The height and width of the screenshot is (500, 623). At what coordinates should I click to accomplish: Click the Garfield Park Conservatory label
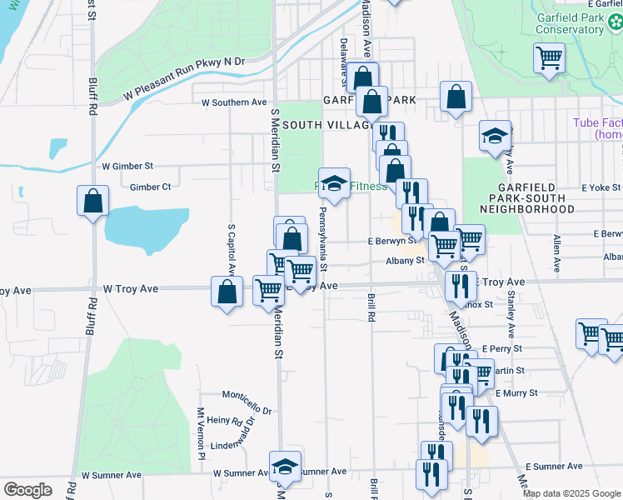569,23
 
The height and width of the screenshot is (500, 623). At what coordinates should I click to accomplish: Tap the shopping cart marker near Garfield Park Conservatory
549,58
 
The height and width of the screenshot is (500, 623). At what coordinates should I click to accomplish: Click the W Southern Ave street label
234,102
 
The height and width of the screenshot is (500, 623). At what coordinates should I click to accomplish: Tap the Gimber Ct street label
150,187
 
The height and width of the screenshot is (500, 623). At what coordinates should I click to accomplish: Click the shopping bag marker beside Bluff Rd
92,201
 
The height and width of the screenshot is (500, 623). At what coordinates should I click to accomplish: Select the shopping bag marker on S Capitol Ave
227,292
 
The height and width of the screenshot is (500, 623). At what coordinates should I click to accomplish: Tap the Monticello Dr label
247,397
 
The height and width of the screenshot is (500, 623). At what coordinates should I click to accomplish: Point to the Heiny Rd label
225,422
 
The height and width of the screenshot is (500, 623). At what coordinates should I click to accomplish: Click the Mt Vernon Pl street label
201,433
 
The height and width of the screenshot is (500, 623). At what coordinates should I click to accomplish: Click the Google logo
27,490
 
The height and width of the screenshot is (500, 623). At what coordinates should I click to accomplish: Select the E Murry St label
516,392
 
